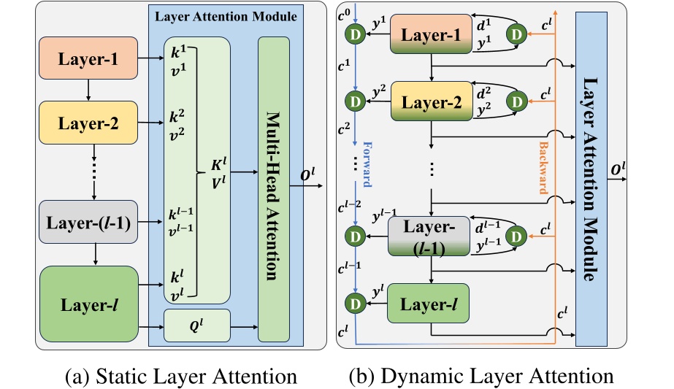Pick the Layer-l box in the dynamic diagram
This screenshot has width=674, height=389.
427,303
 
